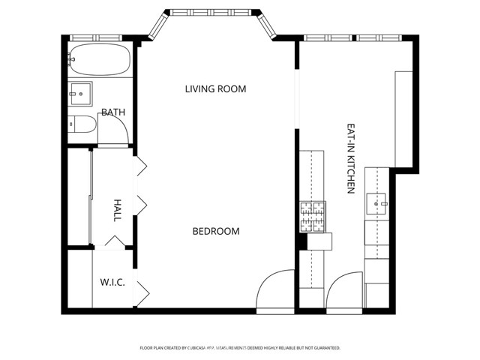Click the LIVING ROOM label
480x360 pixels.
pos(215,89)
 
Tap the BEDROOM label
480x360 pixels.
pos(216,231)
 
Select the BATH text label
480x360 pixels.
pos(113,112)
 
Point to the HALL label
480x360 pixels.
pos(118,209)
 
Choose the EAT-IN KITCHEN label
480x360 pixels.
pos(350,159)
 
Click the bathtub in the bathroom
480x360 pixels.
pos(99,58)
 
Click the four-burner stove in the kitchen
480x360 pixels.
pos(313,217)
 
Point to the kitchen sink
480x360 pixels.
pos(376,202)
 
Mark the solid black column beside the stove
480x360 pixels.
pos(302,241)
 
